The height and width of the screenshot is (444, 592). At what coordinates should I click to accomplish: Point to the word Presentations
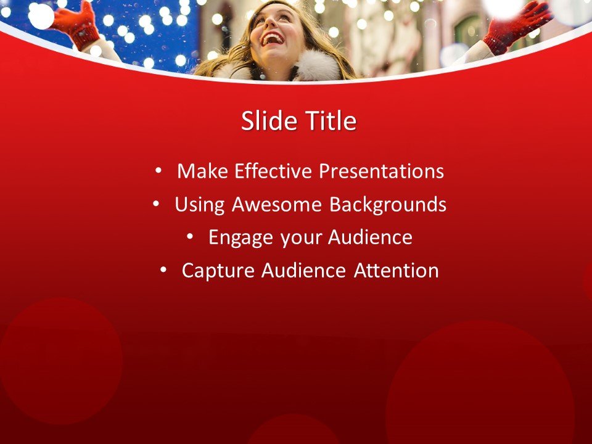[x=380, y=171]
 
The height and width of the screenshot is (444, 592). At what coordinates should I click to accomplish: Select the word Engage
[x=240, y=237]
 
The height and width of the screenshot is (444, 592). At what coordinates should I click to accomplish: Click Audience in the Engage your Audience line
[x=370, y=237]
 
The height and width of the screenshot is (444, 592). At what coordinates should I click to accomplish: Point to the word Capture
[x=218, y=271]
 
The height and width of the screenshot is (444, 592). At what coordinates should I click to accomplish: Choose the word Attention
[x=397, y=271]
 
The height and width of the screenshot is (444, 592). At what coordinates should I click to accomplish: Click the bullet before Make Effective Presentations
[x=160, y=170]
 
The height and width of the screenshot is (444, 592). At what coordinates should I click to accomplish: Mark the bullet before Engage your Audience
[x=191, y=236]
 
